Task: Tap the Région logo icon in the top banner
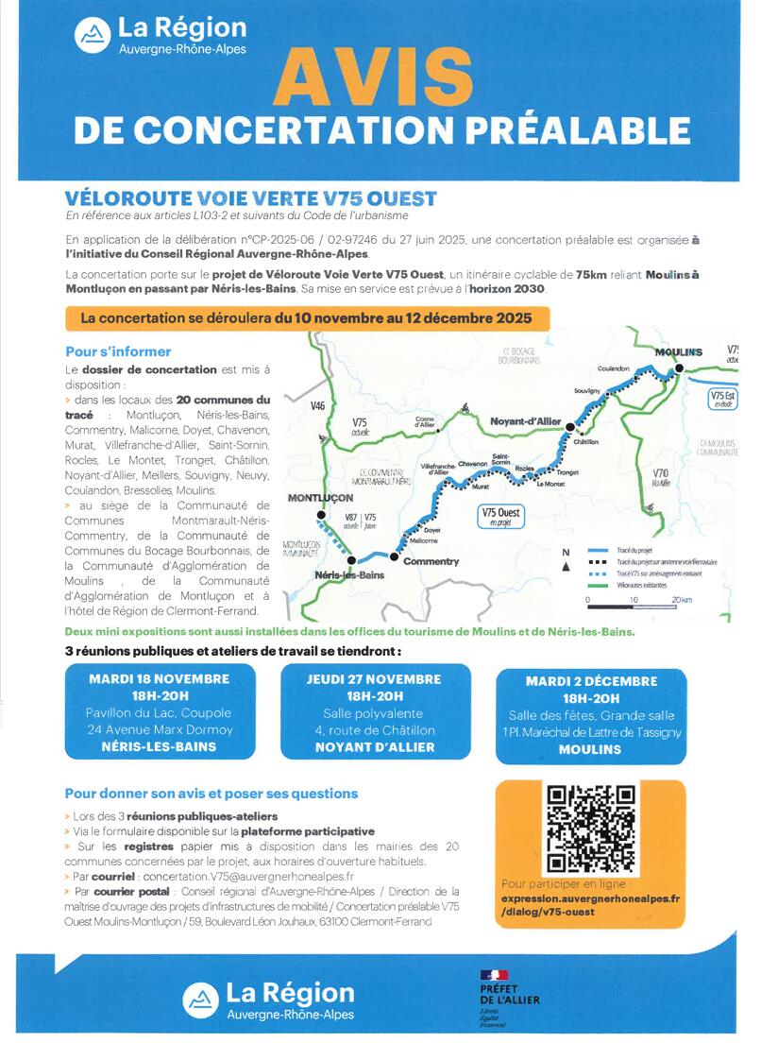click(x=92, y=36)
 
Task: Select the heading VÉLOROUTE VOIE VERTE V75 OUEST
click(x=249, y=199)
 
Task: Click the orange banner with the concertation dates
click(x=306, y=317)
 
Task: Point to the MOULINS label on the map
click(x=679, y=352)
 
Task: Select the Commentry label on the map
click(x=431, y=561)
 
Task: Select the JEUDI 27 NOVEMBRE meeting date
click(x=374, y=679)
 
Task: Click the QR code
click(x=590, y=829)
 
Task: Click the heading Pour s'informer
click(x=118, y=351)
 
